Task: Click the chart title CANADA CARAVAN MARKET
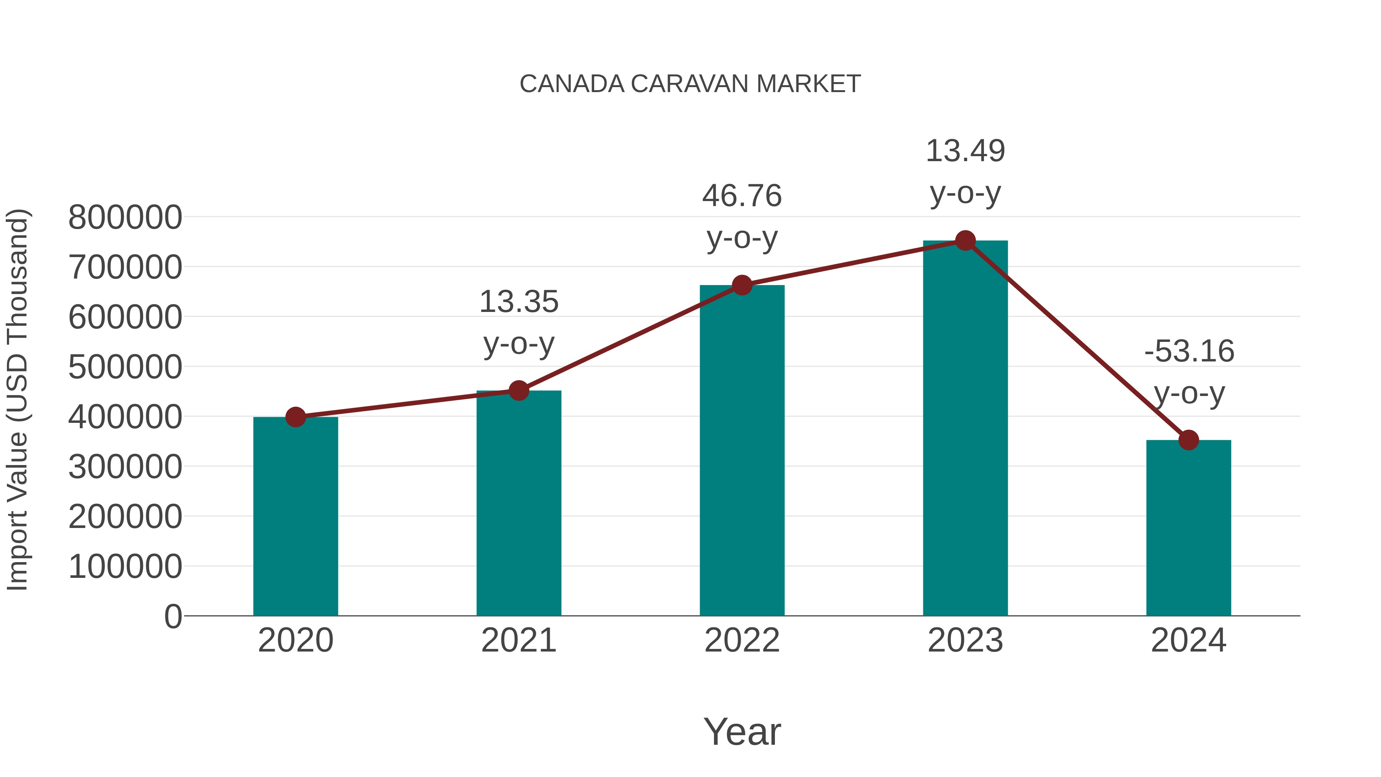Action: tap(690, 84)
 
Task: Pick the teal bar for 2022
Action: tap(742, 450)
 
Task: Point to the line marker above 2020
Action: tap(295, 417)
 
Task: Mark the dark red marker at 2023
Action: tap(965, 241)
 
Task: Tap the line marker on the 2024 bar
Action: tap(1188, 440)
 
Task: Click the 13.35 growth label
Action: tap(518, 302)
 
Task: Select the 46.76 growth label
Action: tap(742, 196)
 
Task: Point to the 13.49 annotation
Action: tap(965, 152)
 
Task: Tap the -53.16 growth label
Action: tap(1188, 352)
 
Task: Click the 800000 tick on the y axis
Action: tap(125, 218)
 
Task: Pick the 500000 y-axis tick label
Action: tap(125, 367)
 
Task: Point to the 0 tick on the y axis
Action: tap(173, 617)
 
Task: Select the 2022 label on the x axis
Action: tap(742, 640)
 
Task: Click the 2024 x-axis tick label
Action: tap(1188, 640)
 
